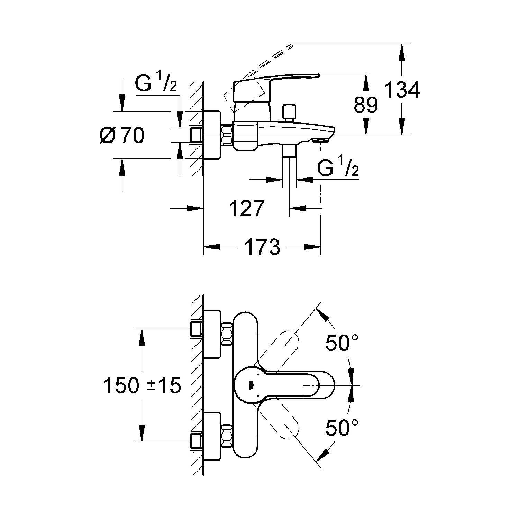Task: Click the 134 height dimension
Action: pyautogui.click(x=402, y=90)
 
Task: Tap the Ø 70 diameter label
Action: pyautogui.click(x=121, y=135)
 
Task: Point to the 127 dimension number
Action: pyautogui.click(x=247, y=208)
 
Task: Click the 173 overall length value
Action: pyautogui.click(x=262, y=247)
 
